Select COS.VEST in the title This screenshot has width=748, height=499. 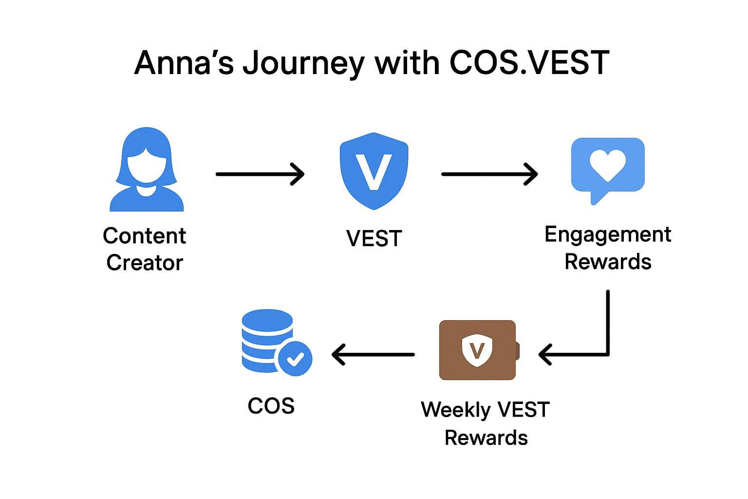coord(529,63)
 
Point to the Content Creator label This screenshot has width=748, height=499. coord(145,249)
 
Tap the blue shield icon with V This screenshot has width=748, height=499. coord(374,171)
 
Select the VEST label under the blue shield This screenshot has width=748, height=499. coord(374,238)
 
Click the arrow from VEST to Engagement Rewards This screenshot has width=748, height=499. coord(489,174)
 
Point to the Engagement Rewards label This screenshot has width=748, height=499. coord(607,248)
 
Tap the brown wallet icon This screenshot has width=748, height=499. coord(478,350)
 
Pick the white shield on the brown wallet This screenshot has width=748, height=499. coord(477,350)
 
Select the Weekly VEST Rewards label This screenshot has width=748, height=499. coord(486,423)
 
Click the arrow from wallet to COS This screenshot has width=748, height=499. coord(373,354)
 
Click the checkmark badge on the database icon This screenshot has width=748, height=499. coord(295,359)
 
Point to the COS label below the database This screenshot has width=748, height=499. coord(271,405)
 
